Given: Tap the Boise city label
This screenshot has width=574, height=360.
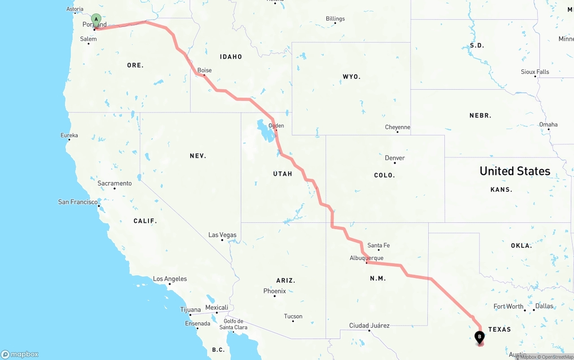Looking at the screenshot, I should pos(204,70).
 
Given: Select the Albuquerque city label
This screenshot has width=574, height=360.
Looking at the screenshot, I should pos(366,258).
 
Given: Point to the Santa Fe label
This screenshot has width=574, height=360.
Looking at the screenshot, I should pos(378,245).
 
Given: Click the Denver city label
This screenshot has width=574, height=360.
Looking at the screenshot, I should pos(395,158).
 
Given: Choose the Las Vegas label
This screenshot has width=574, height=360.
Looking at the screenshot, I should pos(222,235).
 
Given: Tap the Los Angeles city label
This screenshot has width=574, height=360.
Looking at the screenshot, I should pos(170,279).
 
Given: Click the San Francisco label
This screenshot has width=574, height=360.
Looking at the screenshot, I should pos(78,202).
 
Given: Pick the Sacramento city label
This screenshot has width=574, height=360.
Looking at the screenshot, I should pos(115,183).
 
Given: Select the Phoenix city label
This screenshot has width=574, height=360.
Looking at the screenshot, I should pos(274,291).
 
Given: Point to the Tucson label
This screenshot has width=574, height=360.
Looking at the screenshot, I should pos(293,316).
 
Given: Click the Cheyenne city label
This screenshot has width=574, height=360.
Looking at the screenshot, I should pos(397,127).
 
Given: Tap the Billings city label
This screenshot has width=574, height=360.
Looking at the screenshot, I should pos(335,19).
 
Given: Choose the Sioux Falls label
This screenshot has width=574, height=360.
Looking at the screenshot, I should pos(535,72).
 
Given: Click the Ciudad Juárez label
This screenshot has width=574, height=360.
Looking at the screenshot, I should pos(370,325).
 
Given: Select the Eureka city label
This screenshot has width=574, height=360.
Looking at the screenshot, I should pos(69,135).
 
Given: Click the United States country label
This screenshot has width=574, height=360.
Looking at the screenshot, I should pos(515,171).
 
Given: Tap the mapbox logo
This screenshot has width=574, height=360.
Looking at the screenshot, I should pos(20,354).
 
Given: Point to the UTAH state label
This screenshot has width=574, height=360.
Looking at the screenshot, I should pos(283,173).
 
